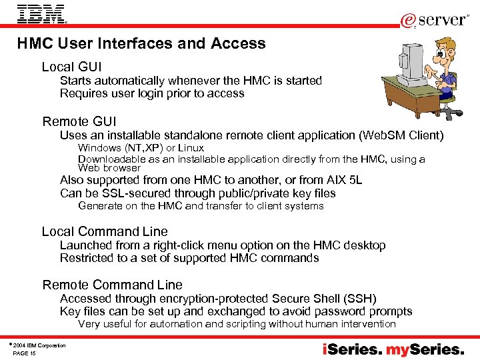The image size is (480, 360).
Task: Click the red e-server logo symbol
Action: click(408, 21)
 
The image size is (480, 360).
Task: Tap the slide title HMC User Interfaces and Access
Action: click(141, 44)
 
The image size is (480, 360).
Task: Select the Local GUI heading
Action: click(71, 67)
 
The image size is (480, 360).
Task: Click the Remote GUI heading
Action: click(79, 121)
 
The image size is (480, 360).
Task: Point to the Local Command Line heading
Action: click(105, 231)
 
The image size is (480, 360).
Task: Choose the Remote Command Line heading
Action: click(112, 285)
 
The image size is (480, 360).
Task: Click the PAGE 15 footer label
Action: click(25, 353)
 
